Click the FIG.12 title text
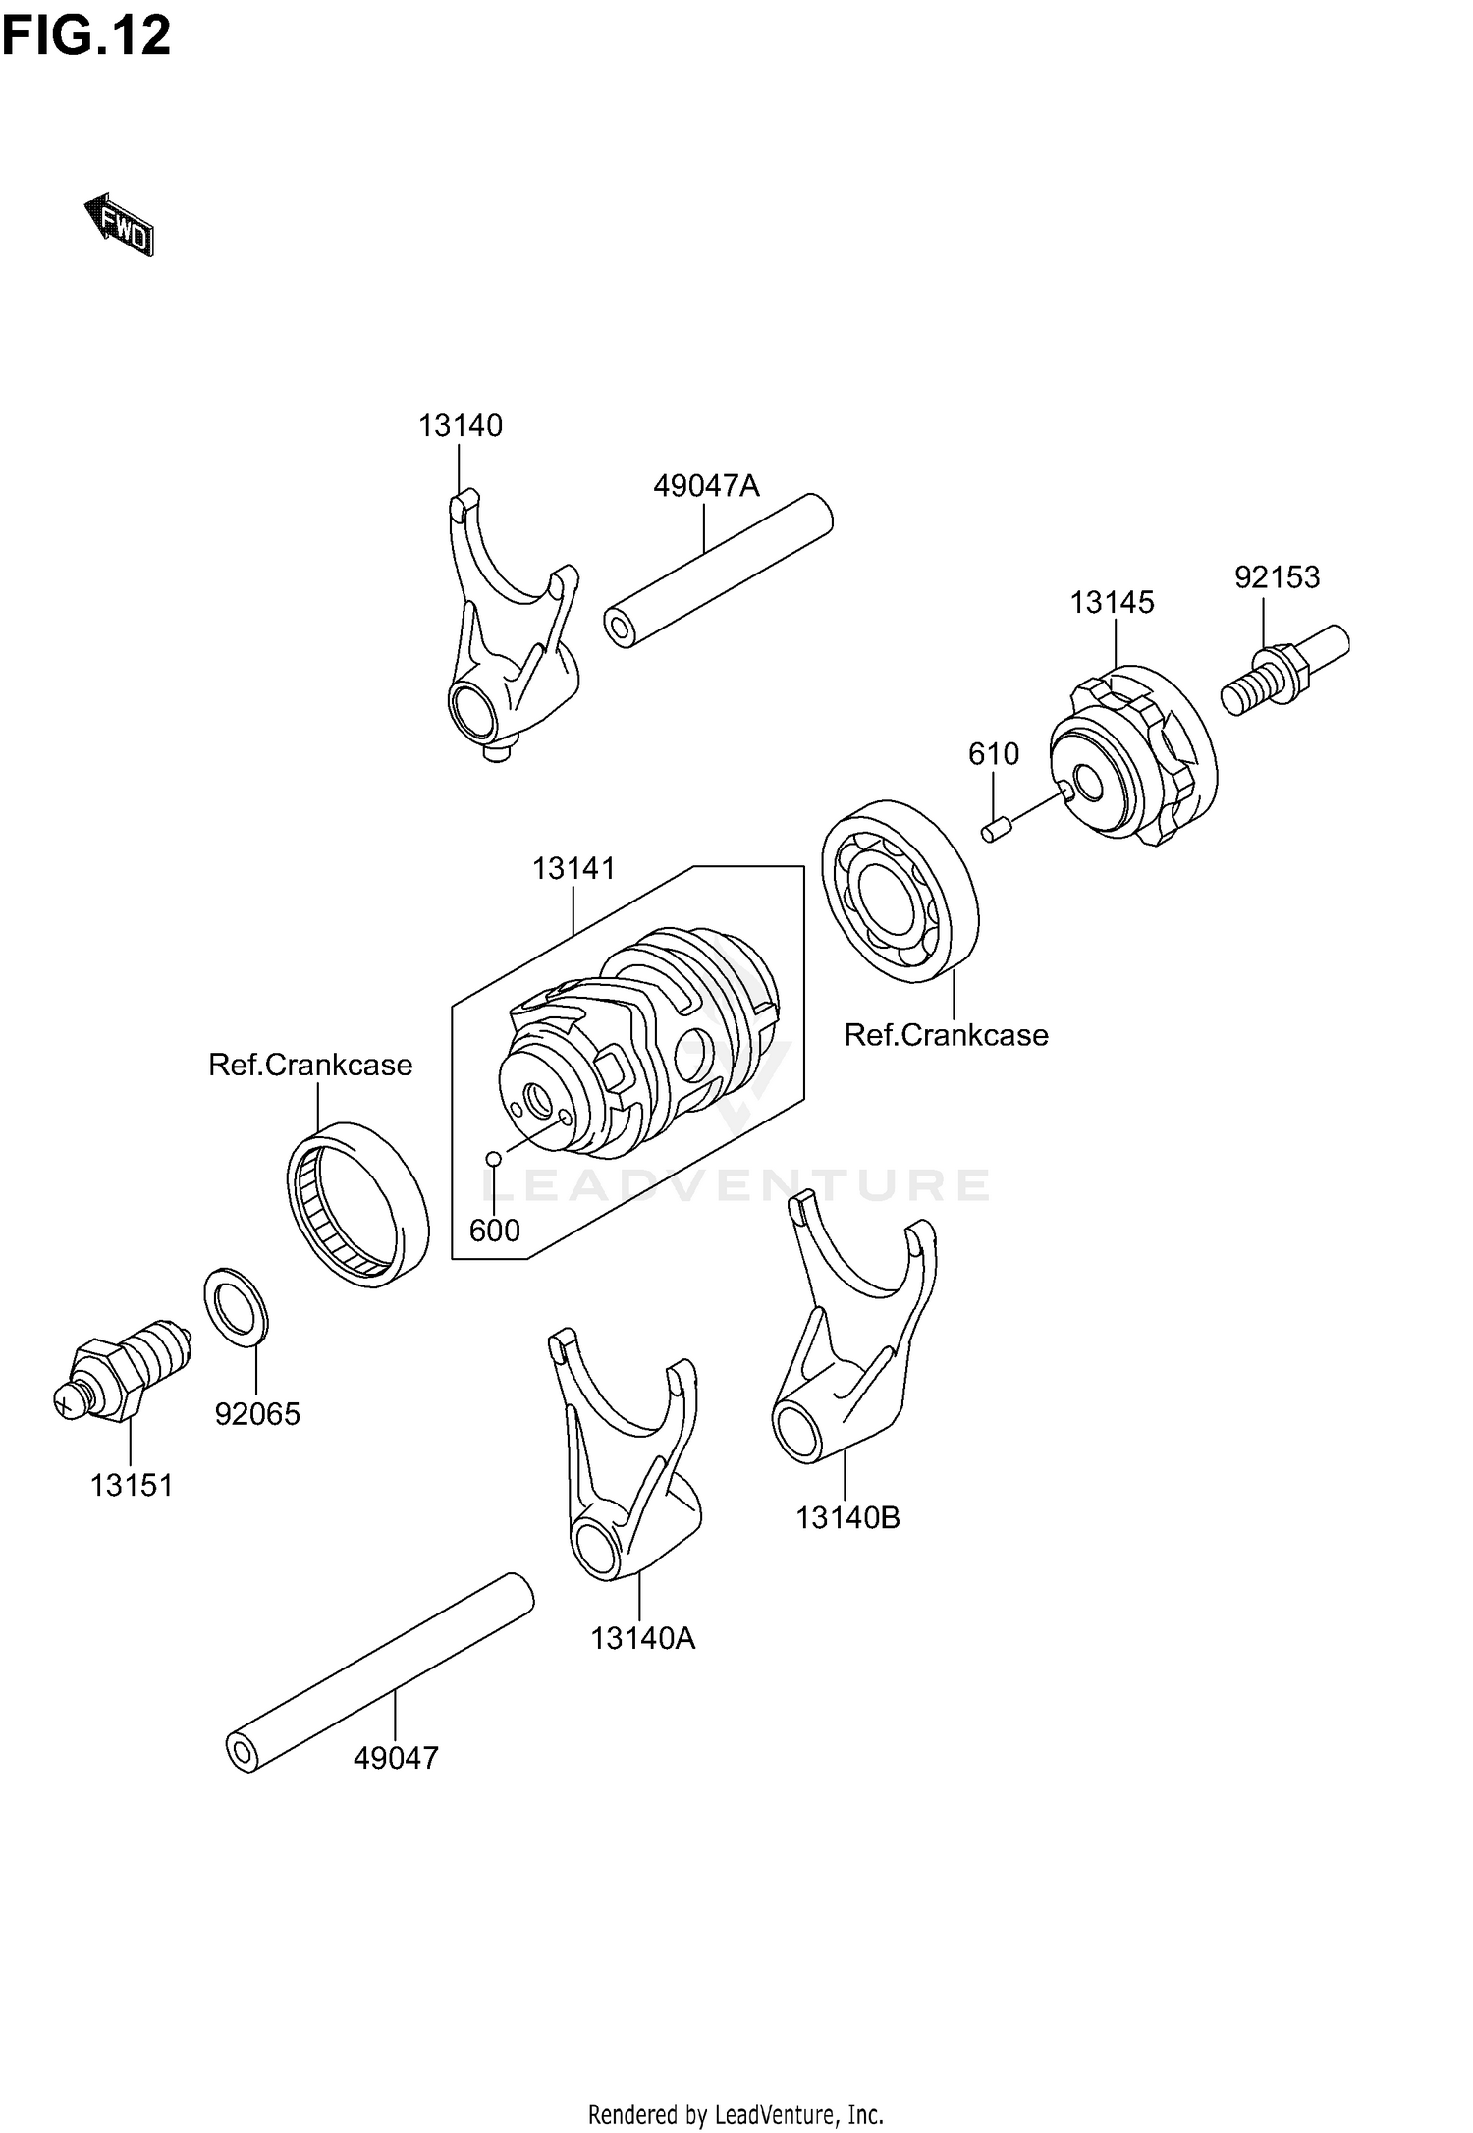[x=86, y=36]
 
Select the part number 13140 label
[x=461, y=426]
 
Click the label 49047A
[x=706, y=486]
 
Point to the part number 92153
[x=1277, y=577]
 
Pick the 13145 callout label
[x=1112, y=603]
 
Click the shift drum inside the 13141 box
[x=638, y=1041]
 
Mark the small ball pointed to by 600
[x=494, y=1159]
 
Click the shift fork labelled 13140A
[x=628, y=1463]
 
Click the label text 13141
[x=573, y=869]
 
